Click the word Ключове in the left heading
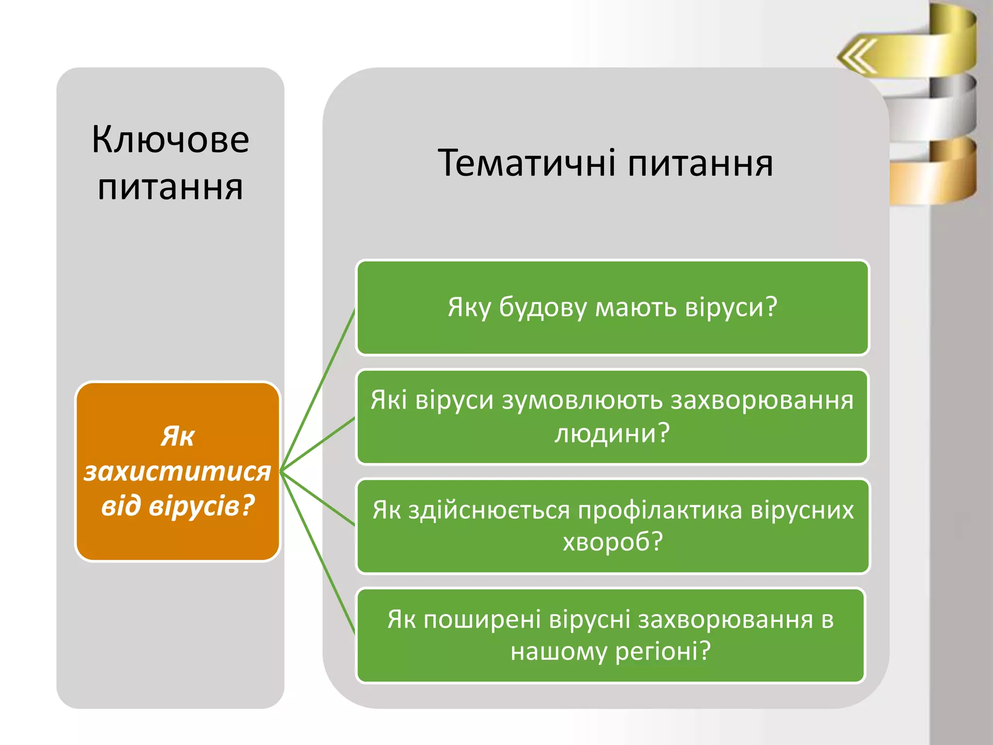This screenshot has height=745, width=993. point(170,140)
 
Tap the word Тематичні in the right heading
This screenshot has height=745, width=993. point(526,163)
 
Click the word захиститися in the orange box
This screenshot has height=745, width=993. point(177,471)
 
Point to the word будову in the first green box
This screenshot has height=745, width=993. point(543,308)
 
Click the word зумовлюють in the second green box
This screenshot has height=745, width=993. point(582,401)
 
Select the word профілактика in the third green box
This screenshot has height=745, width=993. point(660,510)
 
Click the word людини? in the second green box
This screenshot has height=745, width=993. point(612,433)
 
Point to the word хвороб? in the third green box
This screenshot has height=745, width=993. point(612,542)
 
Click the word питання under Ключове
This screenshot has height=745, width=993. point(170,188)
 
